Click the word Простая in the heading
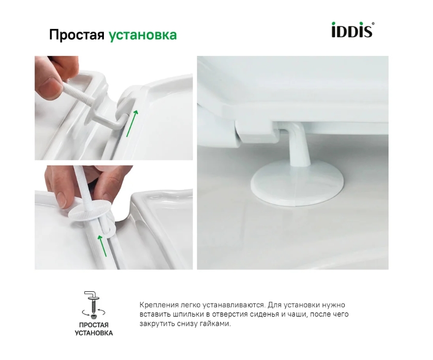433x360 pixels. pos(76,35)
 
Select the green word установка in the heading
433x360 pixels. pos(143,35)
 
